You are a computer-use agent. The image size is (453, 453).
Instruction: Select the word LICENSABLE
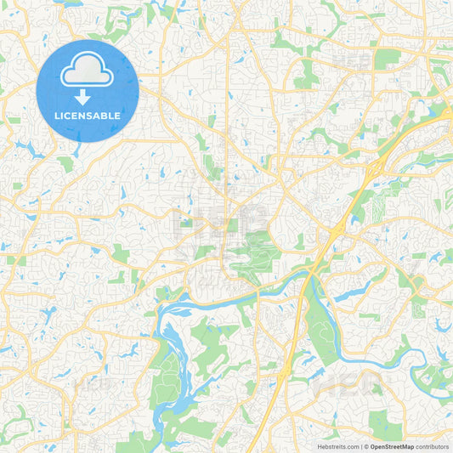[x=88, y=116]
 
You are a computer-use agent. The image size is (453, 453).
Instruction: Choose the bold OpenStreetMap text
[x=392, y=445]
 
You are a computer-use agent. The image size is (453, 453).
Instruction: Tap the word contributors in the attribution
[x=433, y=445]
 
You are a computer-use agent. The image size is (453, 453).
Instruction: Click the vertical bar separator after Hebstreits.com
[x=360, y=445]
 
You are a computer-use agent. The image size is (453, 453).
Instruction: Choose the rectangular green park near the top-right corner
[x=388, y=58]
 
